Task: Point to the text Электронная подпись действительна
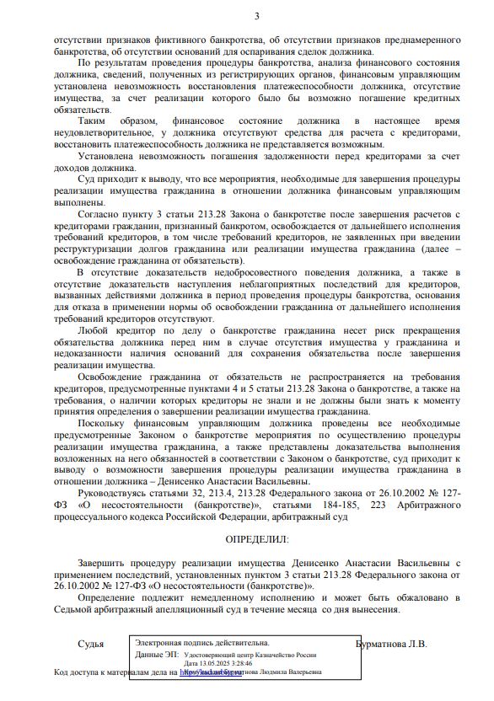click(202, 642)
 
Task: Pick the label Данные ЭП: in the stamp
click(155, 654)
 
